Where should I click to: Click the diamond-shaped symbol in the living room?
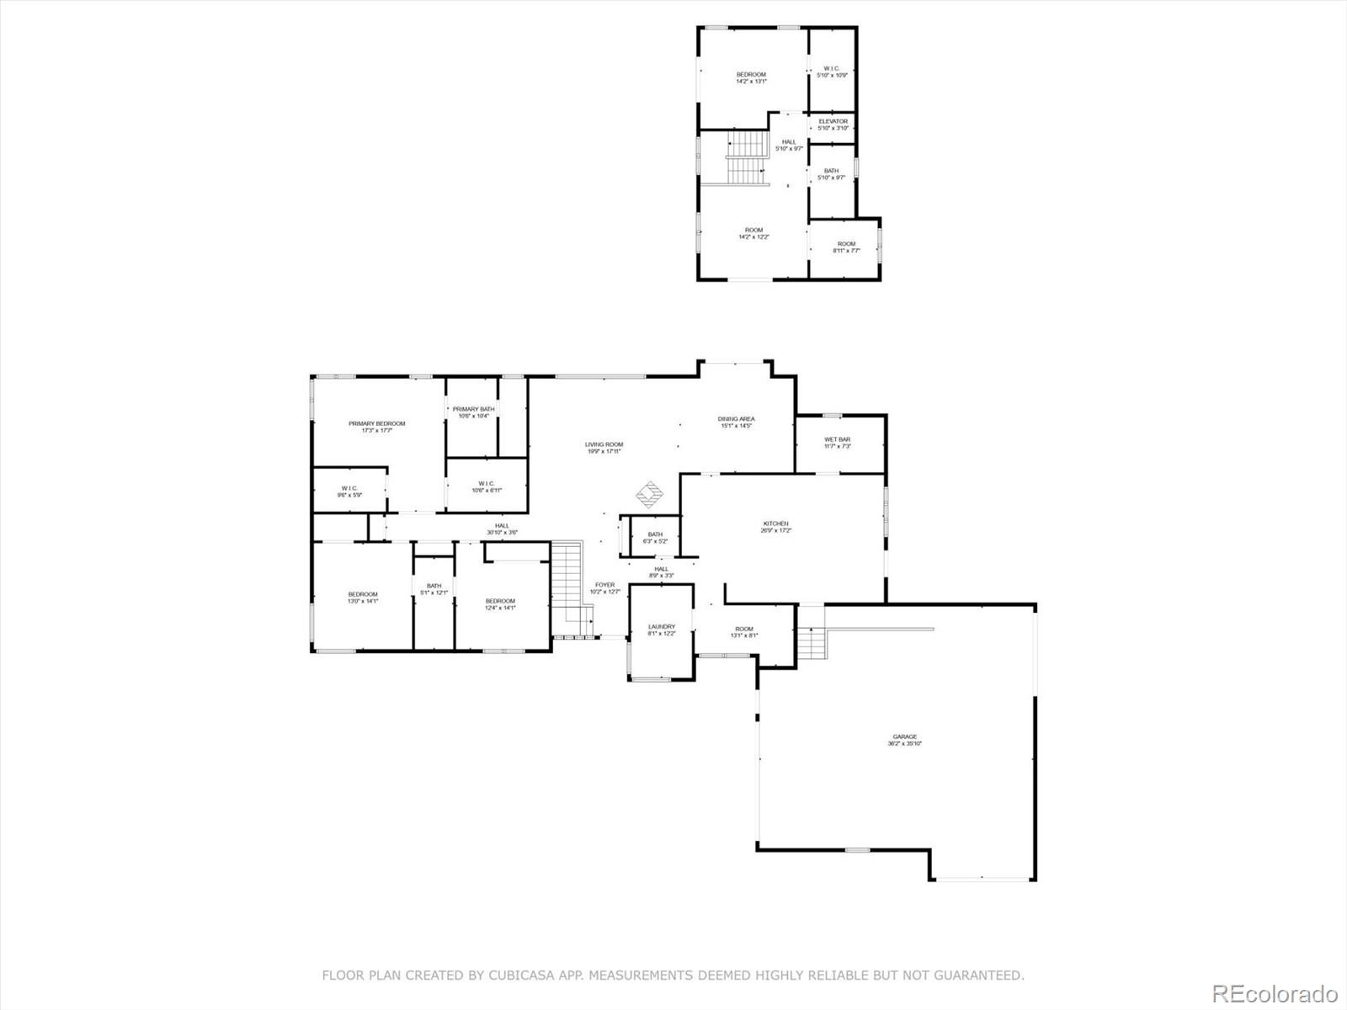tap(649, 495)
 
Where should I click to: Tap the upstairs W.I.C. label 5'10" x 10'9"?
tap(831, 72)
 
